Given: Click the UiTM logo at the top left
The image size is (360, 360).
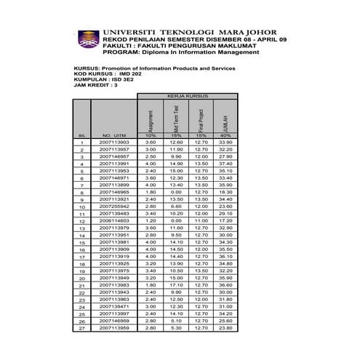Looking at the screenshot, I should tap(87, 40).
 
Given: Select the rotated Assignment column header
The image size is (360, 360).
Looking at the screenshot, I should tap(151, 116).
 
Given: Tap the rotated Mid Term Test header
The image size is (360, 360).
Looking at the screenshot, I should tap(175, 116).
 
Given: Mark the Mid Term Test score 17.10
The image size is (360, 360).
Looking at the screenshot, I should tap(175, 285).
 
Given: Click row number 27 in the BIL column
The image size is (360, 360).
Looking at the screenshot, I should tap(82, 328).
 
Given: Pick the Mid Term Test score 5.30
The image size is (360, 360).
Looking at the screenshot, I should tap(175, 328).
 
